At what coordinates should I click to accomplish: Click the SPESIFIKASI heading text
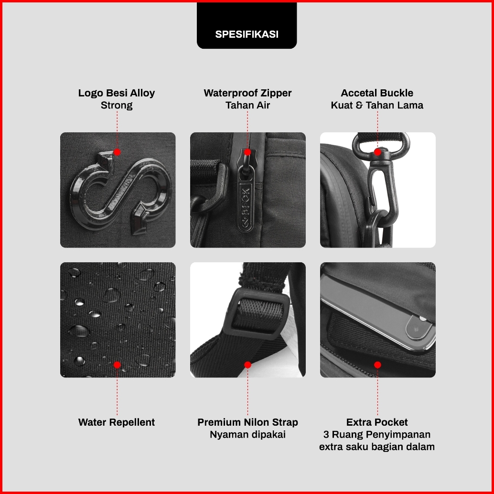pyautogui.click(x=247, y=34)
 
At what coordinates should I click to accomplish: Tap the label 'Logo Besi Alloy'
pyautogui.click(x=117, y=93)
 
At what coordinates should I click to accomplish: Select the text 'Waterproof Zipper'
pyautogui.click(x=247, y=93)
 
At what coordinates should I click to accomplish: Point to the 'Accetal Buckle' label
pyautogui.click(x=377, y=93)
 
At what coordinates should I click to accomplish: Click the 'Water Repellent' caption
pyautogui.click(x=117, y=422)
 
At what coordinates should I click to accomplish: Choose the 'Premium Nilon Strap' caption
pyautogui.click(x=247, y=422)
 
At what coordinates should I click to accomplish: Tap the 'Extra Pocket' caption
pyautogui.click(x=377, y=422)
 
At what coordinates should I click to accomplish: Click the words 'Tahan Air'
pyautogui.click(x=247, y=105)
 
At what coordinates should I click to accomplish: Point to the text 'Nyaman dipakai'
pyautogui.click(x=247, y=434)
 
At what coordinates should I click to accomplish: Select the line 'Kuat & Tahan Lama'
pyautogui.click(x=377, y=105)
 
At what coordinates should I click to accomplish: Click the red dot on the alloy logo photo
pyautogui.click(x=117, y=152)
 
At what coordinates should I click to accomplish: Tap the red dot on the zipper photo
pyautogui.click(x=247, y=152)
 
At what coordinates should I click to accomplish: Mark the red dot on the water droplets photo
pyautogui.click(x=117, y=365)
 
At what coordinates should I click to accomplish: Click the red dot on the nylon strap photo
pyautogui.click(x=247, y=365)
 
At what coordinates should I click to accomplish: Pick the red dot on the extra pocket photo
pyautogui.click(x=377, y=365)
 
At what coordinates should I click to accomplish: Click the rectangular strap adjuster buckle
pyautogui.click(x=257, y=314)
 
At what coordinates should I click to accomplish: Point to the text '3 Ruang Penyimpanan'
pyautogui.click(x=377, y=434)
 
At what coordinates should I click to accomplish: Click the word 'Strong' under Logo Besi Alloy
pyautogui.click(x=117, y=105)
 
